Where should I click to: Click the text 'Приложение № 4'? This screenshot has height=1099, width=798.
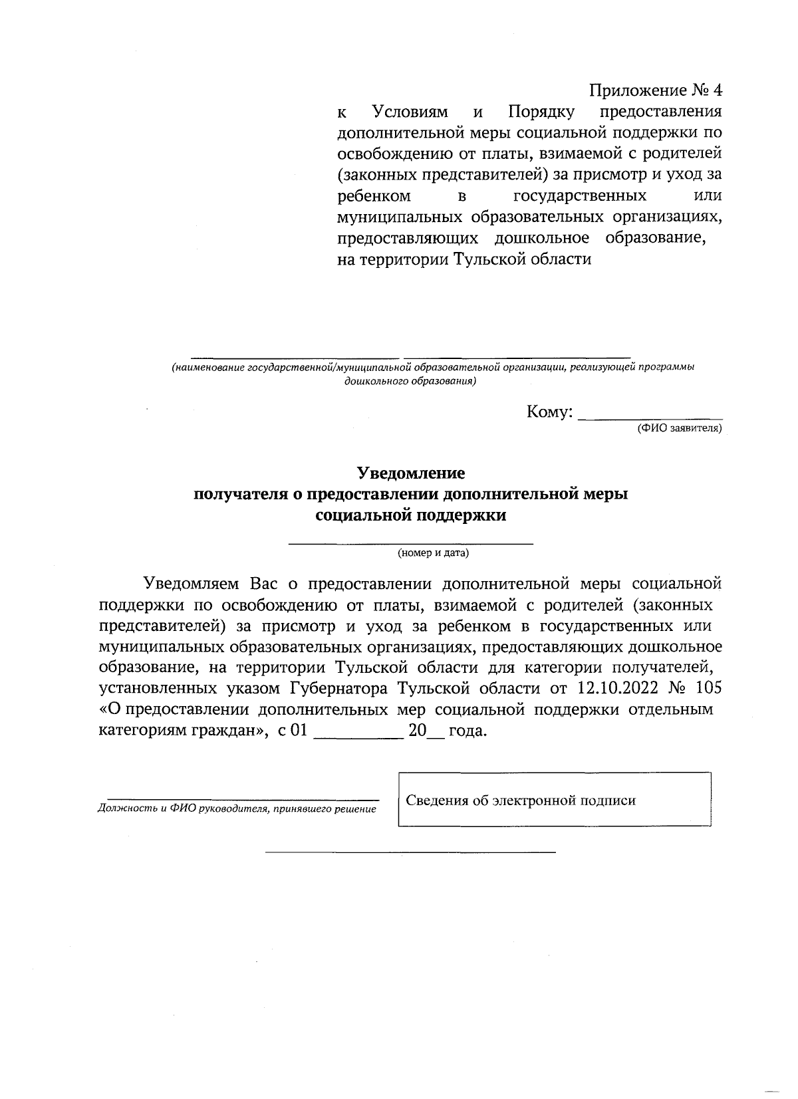(x=655, y=90)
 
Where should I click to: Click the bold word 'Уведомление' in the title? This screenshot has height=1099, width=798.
(x=411, y=473)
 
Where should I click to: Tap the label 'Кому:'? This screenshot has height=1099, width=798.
(x=549, y=412)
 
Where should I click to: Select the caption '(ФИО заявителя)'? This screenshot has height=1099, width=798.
(x=679, y=429)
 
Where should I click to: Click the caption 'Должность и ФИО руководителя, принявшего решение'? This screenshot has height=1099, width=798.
(x=237, y=809)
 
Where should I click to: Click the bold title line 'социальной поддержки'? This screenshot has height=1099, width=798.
(x=411, y=515)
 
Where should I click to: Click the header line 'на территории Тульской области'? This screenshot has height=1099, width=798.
(x=464, y=259)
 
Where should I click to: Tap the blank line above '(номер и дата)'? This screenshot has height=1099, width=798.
(x=411, y=544)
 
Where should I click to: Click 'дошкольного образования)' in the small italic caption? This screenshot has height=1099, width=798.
(x=410, y=382)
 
